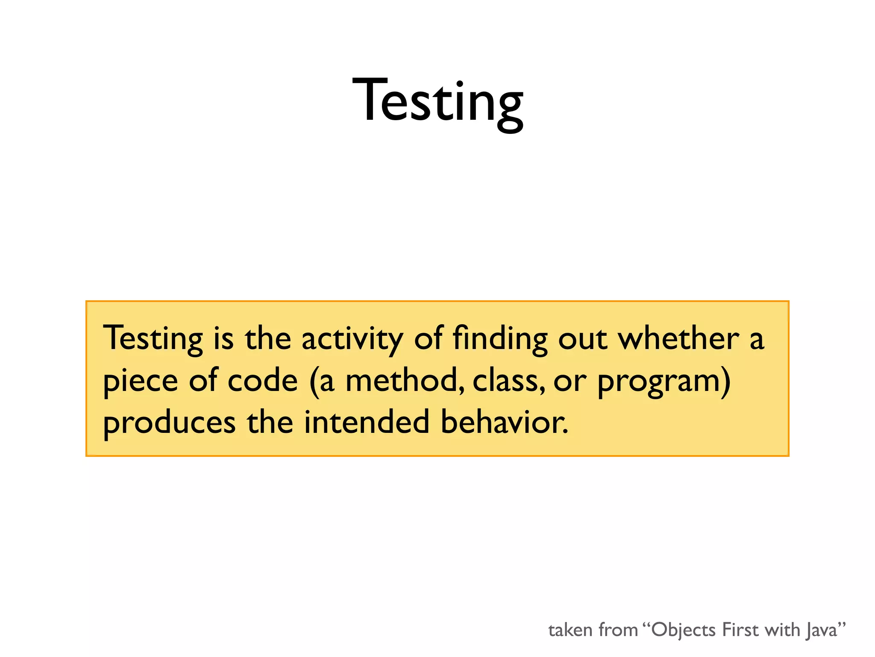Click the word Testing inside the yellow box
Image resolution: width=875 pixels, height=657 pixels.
point(153,339)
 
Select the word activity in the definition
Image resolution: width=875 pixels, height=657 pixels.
point(352,339)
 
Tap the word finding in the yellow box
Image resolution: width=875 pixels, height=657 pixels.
point(500,339)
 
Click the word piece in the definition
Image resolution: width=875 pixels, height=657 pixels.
point(141,381)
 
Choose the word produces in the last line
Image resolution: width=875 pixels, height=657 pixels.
point(169,423)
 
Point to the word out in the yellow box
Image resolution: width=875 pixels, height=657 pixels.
point(583,339)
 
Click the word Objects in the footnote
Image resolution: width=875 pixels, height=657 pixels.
point(683,630)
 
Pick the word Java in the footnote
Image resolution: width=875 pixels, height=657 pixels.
point(822,630)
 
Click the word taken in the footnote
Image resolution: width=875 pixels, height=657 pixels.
point(570,630)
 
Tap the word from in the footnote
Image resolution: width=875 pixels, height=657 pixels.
point(618,630)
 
